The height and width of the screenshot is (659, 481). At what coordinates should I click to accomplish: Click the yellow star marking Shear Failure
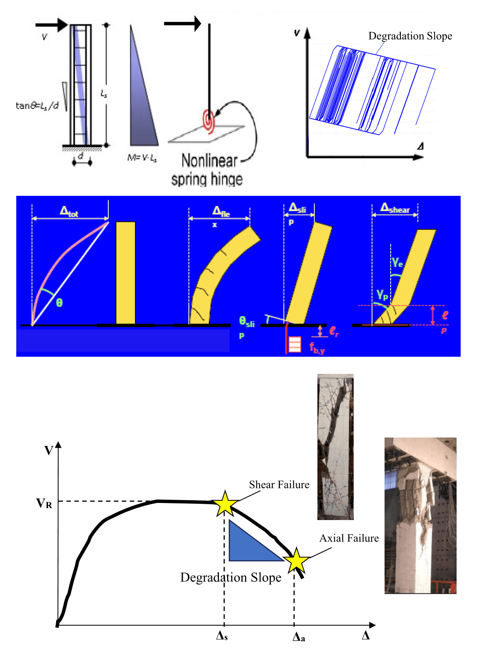(x=225, y=503)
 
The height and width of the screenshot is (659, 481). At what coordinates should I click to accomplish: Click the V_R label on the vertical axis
(x=44, y=503)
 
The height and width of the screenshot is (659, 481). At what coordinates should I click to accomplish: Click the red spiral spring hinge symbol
(x=209, y=121)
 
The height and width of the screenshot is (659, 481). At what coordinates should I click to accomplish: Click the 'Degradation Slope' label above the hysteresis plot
(x=410, y=36)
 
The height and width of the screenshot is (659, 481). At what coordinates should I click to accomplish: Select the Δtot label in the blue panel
(x=69, y=211)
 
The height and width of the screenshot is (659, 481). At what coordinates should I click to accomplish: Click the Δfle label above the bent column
(x=221, y=211)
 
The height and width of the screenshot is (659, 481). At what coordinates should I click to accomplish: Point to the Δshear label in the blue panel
(x=395, y=208)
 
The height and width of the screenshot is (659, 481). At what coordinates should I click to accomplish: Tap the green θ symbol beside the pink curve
(x=59, y=303)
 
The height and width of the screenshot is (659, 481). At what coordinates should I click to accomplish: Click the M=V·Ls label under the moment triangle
(x=142, y=158)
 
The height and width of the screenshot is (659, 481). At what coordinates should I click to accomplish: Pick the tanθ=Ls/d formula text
(x=37, y=106)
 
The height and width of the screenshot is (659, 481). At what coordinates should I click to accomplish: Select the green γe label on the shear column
(x=397, y=262)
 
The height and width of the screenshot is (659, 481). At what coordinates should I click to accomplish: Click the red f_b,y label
(x=317, y=348)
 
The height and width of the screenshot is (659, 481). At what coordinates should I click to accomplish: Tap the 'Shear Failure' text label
(x=279, y=485)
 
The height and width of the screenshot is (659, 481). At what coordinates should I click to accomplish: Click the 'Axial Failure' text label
(x=349, y=538)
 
